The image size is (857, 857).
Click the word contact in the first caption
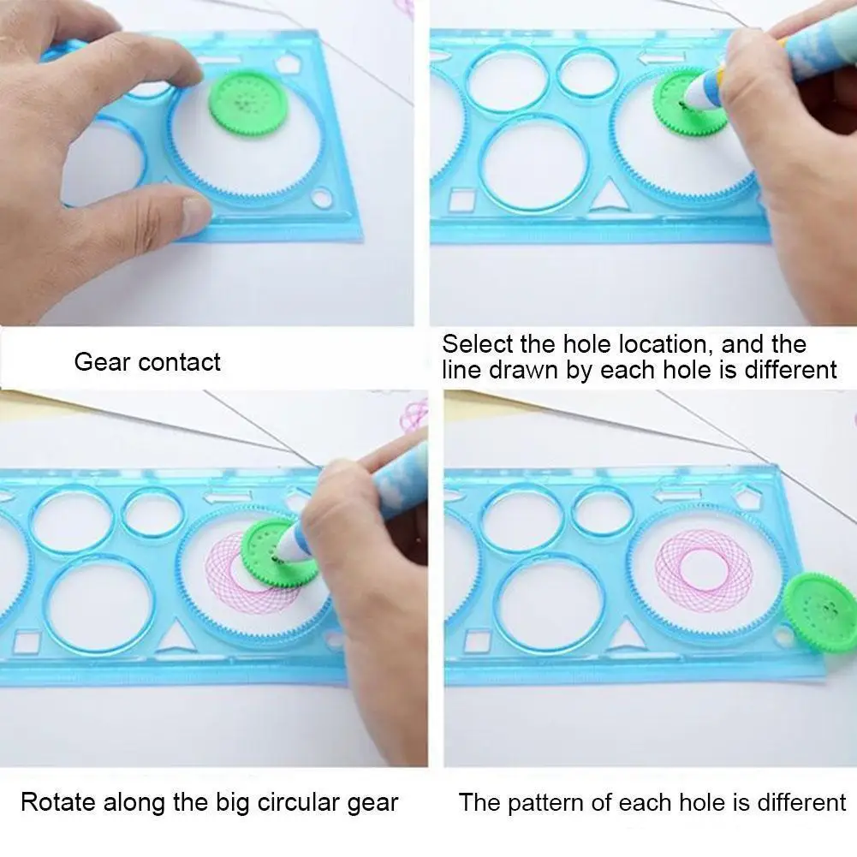[179, 362]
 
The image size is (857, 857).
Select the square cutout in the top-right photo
[462, 200]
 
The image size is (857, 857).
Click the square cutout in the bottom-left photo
[27, 641]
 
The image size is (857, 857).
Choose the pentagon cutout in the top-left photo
[287, 62]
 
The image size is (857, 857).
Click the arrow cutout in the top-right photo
[662, 57]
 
